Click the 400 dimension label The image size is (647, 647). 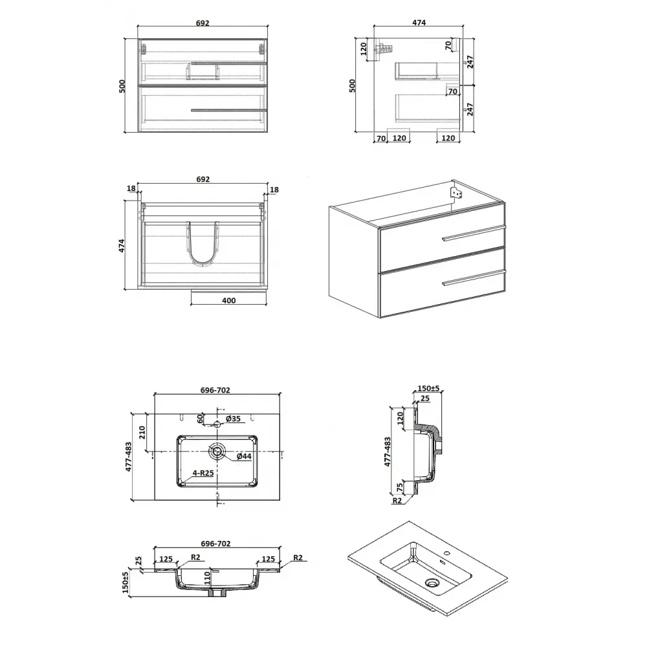[x=228, y=300]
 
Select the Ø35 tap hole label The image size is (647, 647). [x=233, y=419]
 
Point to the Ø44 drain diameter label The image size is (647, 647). [x=244, y=456]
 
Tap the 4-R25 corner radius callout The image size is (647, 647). [x=203, y=473]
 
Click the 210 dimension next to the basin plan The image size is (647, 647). [x=142, y=432]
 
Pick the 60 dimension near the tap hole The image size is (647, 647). [x=200, y=419]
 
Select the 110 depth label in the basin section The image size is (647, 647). [x=208, y=578]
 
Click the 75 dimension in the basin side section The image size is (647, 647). [x=400, y=487]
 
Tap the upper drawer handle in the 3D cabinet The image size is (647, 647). [x=474, y=233]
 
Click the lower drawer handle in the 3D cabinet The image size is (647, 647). [x=474, y=278]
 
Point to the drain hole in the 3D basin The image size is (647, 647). [x=432, y=583]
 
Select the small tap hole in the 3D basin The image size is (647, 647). [x=446, y=553]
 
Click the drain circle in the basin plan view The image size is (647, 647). [x=217, y=451]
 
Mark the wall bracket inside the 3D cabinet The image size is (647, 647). [x=455, y=193]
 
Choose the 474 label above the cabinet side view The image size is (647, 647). [x=419, y=23]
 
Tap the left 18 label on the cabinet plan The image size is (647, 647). [x=131, y=188]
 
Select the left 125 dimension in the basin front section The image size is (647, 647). [x=166, y=559]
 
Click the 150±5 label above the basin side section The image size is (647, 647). [x=429, y=388]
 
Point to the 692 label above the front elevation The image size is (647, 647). [x=203, y=23]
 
